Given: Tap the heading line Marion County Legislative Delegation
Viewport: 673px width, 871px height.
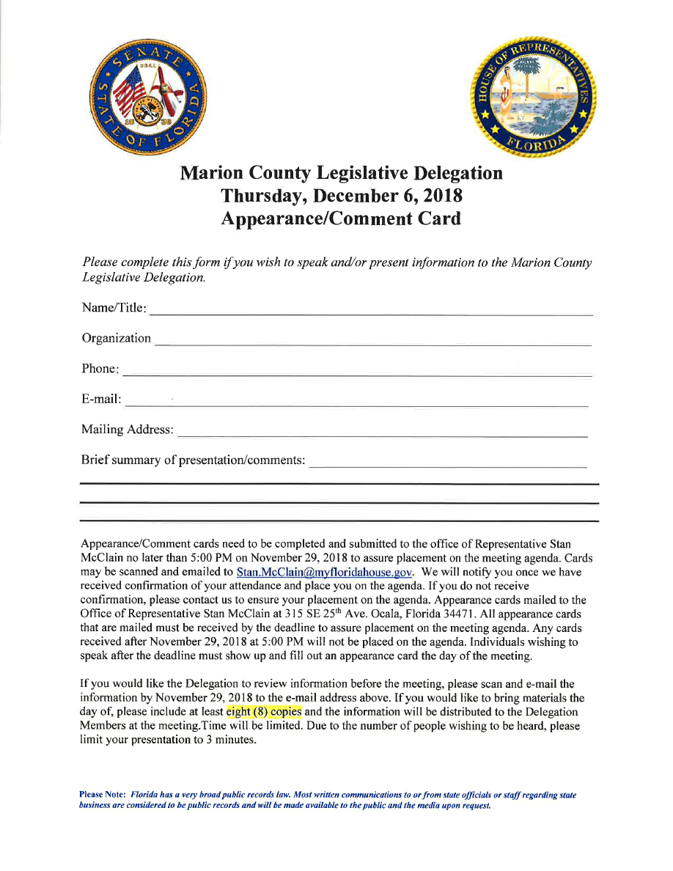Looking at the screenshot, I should [x=342, y=174].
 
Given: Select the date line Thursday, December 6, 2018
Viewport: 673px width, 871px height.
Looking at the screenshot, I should [x=342, y=196].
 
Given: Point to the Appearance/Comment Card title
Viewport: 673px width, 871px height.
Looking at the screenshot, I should [x=342, y=218].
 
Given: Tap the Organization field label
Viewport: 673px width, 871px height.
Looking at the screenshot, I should [x=117, y=338].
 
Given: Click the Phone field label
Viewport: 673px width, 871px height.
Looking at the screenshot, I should [x=100, y=369].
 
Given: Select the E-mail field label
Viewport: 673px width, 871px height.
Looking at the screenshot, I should [x=102, y=399].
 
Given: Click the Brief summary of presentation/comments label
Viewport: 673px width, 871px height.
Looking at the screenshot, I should [x=193, y=460].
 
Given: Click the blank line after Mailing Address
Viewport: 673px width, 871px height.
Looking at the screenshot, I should [x=382, y=435].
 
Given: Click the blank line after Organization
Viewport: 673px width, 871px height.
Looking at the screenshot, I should [x=373, y=343].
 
